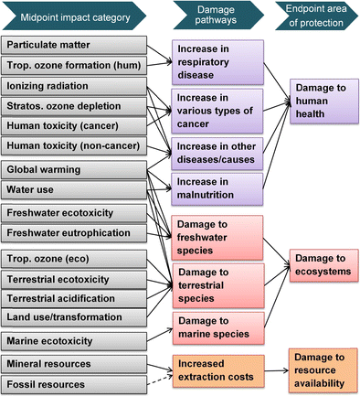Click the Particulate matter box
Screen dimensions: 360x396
(74, 45)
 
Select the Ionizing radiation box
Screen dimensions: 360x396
(74, 86)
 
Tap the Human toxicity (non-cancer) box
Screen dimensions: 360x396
(74, 146)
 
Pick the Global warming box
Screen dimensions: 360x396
(74, 170)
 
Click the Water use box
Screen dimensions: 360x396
(74, 190)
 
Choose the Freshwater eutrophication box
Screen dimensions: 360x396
(74, 233)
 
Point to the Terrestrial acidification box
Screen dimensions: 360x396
(74, 299)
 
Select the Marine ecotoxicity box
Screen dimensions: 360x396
(74, 341)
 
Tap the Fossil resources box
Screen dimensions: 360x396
(74, 385)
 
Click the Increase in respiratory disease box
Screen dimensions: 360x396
(217, 62)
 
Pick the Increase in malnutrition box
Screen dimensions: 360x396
(217, 189)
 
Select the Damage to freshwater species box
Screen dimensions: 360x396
(217, 238)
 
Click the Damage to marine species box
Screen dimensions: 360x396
(218, 328)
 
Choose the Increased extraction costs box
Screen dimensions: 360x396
(218, 370)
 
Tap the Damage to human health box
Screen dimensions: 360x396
(324, 102)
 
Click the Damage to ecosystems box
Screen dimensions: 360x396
(323, 265)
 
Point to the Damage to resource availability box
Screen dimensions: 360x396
(323, 370)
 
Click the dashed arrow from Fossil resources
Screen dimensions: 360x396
(160, 380)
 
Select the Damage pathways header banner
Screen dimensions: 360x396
(218, 15)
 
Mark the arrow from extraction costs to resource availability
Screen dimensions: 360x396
(276, 370)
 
